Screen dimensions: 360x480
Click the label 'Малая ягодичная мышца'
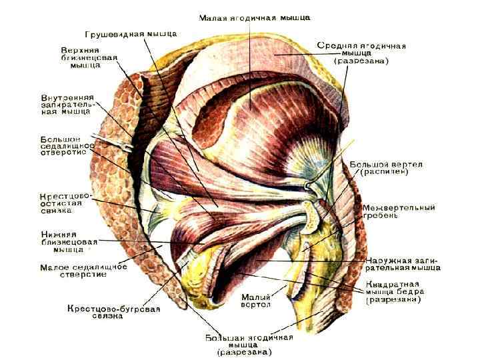point(255,16)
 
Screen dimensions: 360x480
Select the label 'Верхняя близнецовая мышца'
point(89,58)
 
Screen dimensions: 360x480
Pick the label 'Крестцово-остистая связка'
point(65,203)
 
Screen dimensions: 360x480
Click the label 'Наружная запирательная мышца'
point(403,264)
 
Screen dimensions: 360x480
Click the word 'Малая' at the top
point(214,16)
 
